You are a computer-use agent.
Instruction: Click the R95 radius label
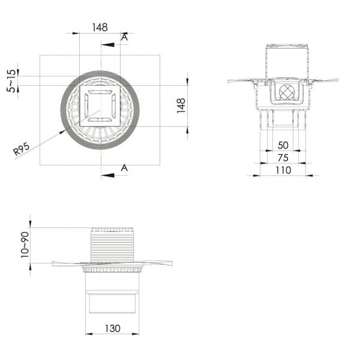pyautogui.click(x=22, y=149)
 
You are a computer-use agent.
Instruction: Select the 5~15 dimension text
pyautogui.click(x=11, y=81)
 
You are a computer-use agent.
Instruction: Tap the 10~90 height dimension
pyautogui.click(x=25, y=245)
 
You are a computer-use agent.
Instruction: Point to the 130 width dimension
pyautogui.click(x=113, y=328)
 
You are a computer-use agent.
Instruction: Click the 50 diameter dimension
pyautogui.click(x=283, y=145)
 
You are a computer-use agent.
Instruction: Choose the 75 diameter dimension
pyautogui.click(x=283, y=158)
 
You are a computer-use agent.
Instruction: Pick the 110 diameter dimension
pyautogui.click(x=283, y=170)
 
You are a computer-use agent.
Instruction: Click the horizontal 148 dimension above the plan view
pyautogui.click(x=100, y=28)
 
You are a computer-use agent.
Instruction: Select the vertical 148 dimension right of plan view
pyautogui.click(x=181, y=106)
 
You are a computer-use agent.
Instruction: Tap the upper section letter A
pyautogui.click(x=124, y=37)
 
